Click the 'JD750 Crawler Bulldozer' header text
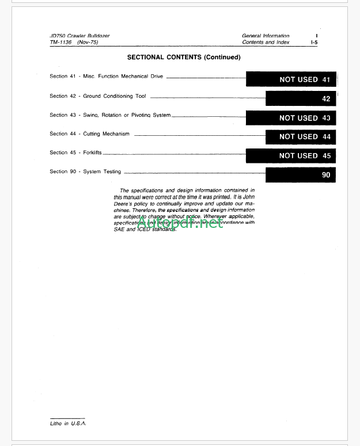point(79,36)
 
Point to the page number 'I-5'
point(314,43)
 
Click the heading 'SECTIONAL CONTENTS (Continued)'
point(184,58)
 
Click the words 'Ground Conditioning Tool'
point(115,96)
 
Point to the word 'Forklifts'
point(93,153)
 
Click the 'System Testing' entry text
point(102,171)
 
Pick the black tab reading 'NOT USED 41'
point(291,79)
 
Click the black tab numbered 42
point(300,98)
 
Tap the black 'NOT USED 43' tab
point(291,117)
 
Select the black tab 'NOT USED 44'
point(300,136)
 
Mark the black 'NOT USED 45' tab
point(291,155)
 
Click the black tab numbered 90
point(300,174)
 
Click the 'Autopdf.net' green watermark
point(180,223)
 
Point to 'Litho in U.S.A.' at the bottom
point(68,423)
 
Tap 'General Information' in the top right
point(266,36)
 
